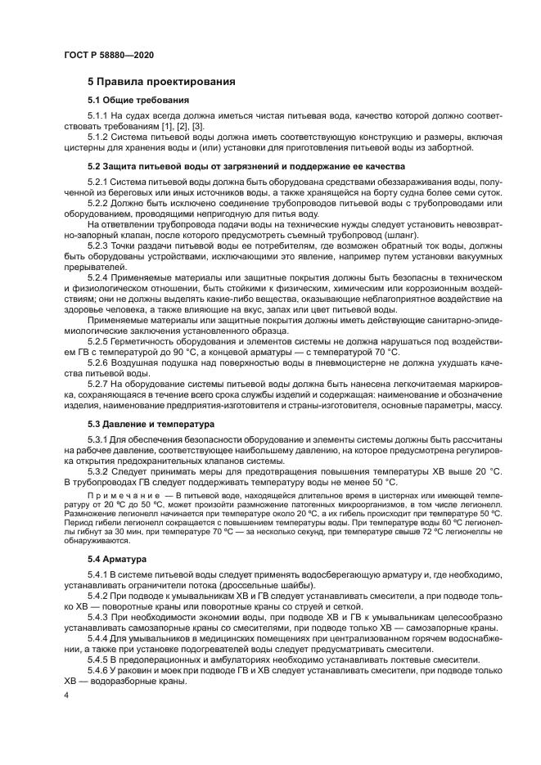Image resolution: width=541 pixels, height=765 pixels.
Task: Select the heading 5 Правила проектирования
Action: [x=162, y=82]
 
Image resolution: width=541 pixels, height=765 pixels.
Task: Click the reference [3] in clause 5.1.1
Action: [x=197, y=128]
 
